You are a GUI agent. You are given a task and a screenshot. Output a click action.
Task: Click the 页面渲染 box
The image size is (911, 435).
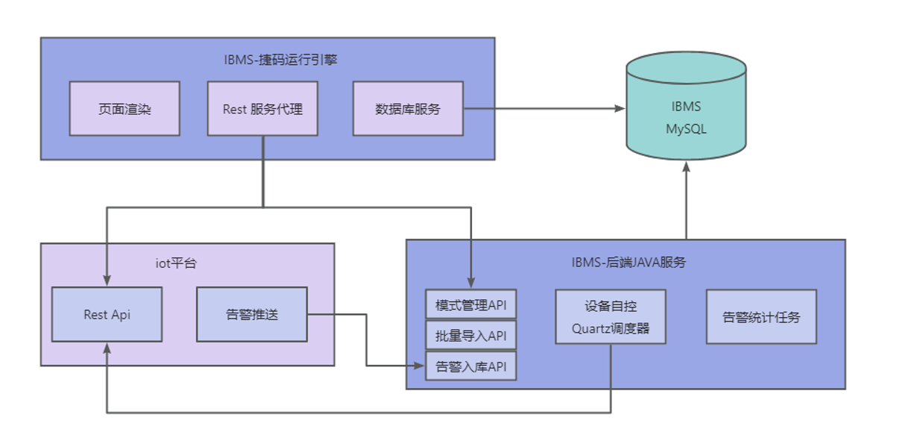tap(124, 109)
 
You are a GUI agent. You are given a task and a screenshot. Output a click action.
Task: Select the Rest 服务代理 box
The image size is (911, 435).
tap(262, 109)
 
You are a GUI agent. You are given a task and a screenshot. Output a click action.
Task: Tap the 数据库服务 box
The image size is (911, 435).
tap(408, 109)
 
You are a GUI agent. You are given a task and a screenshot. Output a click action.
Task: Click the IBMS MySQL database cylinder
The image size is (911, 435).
tap(686, 108)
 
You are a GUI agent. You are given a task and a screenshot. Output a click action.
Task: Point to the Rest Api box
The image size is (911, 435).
tap(107, 314)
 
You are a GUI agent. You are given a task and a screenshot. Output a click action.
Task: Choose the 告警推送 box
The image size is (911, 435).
tap(251, 314)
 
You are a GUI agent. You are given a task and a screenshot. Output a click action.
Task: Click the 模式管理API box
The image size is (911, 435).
tap(470, 305)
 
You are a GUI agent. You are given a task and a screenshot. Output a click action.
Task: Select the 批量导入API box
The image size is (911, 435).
tap(470, 336)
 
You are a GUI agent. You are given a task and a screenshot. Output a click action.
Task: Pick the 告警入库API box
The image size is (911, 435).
tap(470, 366)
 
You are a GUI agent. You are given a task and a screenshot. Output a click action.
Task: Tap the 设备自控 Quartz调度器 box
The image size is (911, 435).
tap(611, 317)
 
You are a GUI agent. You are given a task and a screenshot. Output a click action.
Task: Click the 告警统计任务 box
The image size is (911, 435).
tap(761, 317)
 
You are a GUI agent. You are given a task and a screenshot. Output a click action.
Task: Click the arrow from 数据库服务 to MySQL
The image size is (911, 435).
tap(544, 109)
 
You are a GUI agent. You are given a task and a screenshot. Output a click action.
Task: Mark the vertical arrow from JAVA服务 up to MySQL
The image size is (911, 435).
tap(686, 201)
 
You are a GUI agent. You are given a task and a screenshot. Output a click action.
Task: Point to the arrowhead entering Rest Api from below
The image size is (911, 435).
tap(107, 348)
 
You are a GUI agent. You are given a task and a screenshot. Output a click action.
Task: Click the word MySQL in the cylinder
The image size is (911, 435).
tap(686, 129)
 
